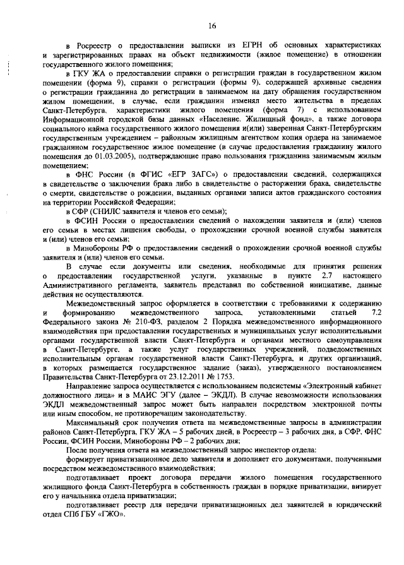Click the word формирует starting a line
pyautogui.click(x=86, y=459)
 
